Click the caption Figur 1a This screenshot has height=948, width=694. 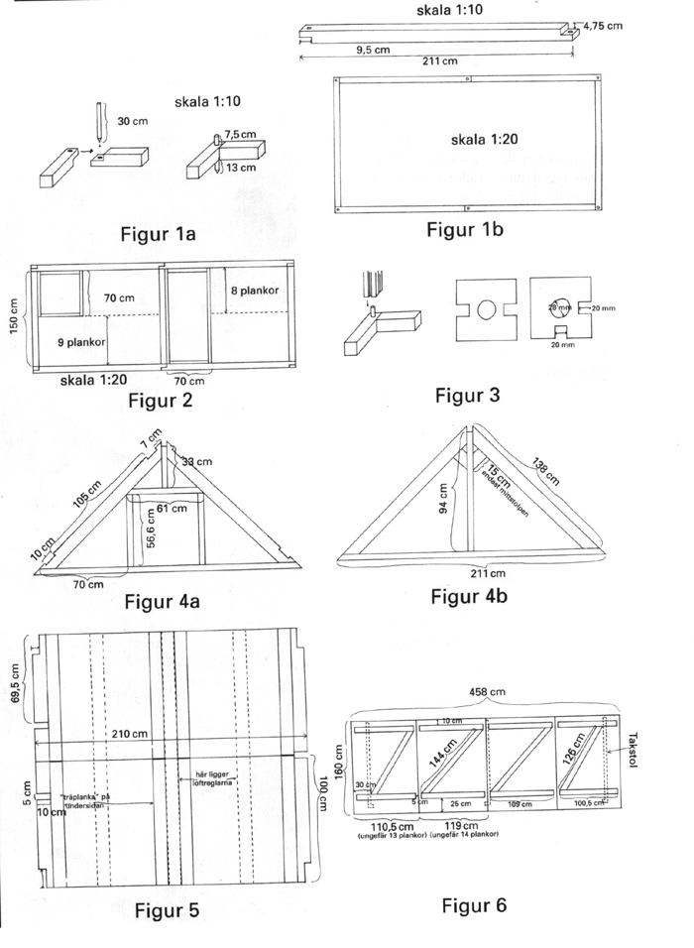(x=159, y=235)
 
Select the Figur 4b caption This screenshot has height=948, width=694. (x=472, y=597)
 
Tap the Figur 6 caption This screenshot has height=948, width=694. (x=474, y=904)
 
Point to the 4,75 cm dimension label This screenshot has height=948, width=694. (x=602, y=26)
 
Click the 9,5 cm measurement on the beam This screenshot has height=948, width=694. (x=373, y=49)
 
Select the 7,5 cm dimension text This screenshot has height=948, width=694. (x=241, y=134)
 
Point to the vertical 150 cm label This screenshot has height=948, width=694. (x=15, y=318)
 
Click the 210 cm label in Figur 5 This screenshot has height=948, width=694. (x=130, y=733)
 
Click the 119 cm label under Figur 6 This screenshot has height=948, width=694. (x=462, y=825)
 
